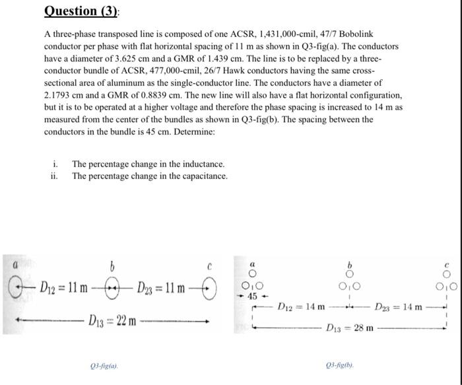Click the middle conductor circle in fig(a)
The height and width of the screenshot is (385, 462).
tap(112, 289)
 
